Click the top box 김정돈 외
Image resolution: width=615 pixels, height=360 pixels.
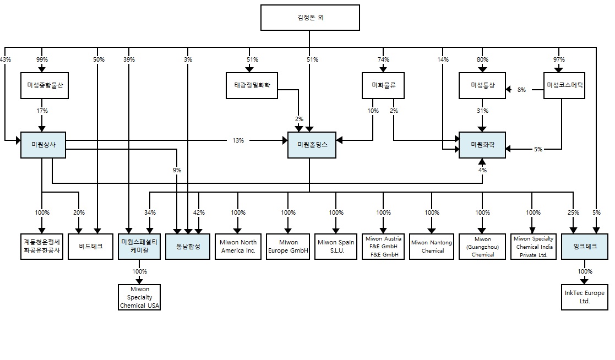point(309,18)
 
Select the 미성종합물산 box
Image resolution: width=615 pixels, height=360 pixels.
point(45,85)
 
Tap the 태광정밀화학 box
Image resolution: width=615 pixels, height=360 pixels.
point(252,85)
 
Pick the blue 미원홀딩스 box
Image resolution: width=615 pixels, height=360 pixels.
point(312,145)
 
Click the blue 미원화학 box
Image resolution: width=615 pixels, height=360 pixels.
point(482,145)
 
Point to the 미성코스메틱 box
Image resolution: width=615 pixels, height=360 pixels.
point(564,85)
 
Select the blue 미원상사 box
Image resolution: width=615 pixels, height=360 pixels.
point(42,145)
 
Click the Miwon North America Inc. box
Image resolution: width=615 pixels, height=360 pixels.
point(238,246)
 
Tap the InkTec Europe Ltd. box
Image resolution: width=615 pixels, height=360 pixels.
point(584,297)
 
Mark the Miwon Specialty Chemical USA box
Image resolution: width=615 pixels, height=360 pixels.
point(140,297)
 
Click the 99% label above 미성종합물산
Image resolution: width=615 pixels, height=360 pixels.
point(42,59)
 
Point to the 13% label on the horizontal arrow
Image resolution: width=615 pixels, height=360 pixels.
point(238,141)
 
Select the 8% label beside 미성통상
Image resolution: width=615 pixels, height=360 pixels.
point(522,89)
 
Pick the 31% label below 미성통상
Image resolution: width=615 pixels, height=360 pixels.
point(482,111)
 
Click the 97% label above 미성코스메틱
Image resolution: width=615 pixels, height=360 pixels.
point(559,59)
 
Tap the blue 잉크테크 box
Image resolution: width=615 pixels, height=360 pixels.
point(584,246)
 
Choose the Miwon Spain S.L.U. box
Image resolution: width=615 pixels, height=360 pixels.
point(336,246)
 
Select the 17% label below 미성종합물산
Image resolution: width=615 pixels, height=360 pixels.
point(42,111)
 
